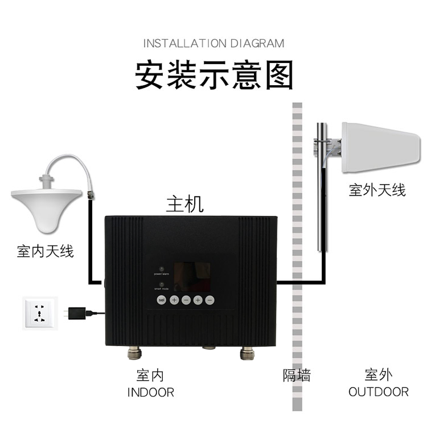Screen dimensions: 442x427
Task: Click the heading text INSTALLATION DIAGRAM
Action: click(213, 43)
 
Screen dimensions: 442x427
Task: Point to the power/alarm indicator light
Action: click(162, 268)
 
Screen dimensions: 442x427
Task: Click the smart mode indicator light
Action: click(162, 283)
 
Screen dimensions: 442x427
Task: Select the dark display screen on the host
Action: click(191, 278)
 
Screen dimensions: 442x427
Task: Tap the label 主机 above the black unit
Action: click(184, 203)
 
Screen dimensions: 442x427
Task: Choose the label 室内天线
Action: click(45, 251)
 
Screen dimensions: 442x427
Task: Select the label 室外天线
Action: click(377, 190)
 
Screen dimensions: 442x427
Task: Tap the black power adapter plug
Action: click(79, 313)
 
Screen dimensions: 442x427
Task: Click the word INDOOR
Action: click(150, 392)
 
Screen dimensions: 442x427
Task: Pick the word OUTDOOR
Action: click(378, 392)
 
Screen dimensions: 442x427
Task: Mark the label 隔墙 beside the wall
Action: click(297, 375)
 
